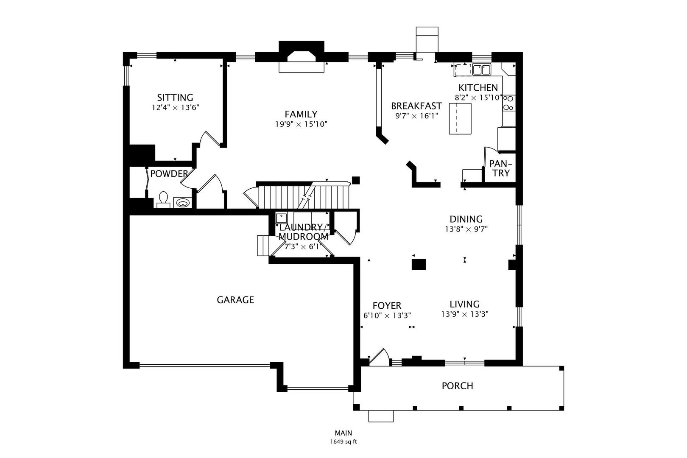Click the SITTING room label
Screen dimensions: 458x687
coord(175,98)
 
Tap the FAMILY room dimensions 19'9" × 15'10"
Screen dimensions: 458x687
coord(301,124)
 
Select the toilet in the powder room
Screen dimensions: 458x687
coord(164,200)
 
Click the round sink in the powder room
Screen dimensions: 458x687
coord(182,203)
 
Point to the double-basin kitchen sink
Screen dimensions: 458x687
coord(481,69)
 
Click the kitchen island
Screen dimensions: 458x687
coord(461,119)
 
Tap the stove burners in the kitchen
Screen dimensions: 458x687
coord(508,103)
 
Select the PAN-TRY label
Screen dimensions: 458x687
coord(501,168)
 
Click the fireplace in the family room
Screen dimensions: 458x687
coord(302,57)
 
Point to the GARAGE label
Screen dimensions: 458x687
coord(235,300)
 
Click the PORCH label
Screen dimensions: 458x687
coord(457,386)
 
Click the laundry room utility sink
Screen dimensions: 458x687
coord(281,218)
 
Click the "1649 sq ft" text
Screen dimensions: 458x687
coord(343,441)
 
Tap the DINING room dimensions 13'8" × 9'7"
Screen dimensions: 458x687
coord(466,229)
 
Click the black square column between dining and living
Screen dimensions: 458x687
coord(419,264)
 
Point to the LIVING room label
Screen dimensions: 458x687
coord(464,304)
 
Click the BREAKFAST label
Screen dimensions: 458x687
coord(416,106)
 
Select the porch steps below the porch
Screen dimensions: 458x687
coord(381,416)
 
